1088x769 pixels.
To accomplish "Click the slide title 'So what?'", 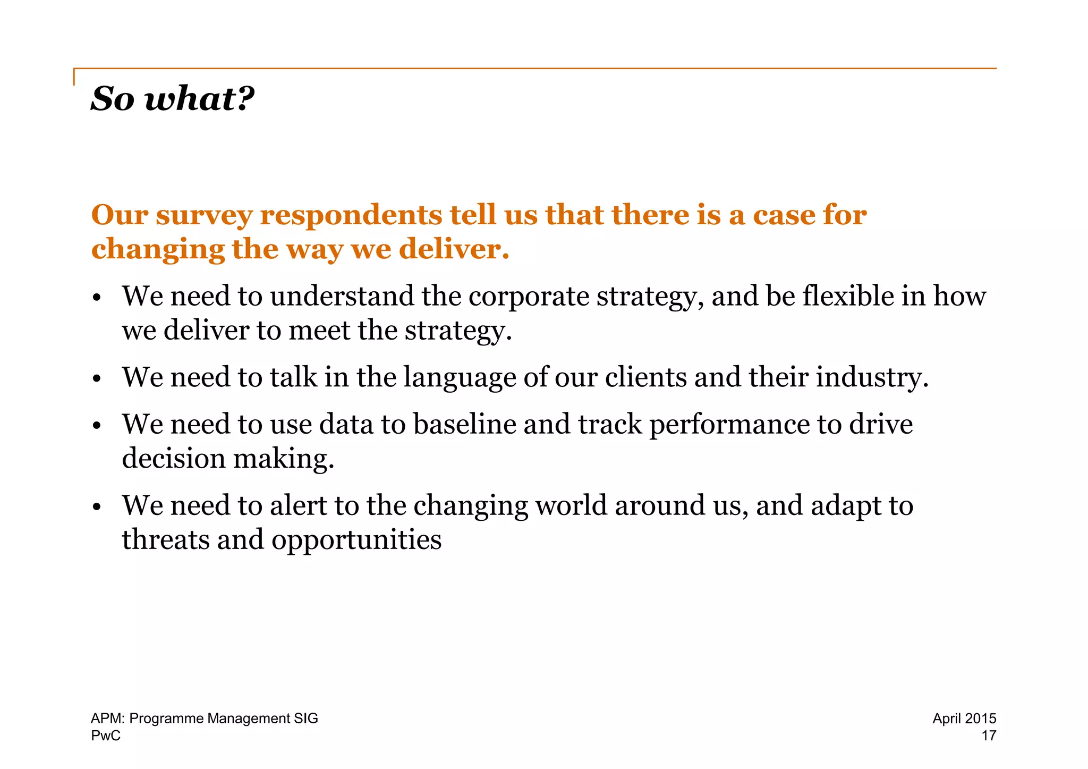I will (172, 99).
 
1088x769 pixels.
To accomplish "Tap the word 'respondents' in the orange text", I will (351, 215).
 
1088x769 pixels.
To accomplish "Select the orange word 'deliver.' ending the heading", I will (454, 249).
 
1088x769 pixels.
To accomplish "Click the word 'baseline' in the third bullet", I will (464, 424).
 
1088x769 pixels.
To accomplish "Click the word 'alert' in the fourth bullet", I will (298, 505).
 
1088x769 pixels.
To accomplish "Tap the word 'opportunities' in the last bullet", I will (356, 540).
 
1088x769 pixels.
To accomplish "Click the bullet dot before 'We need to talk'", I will (96, 379).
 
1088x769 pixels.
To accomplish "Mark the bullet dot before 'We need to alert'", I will (96, 508).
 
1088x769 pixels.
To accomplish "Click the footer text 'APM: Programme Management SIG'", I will (204, 719).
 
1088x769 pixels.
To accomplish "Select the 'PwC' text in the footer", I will (106, 736).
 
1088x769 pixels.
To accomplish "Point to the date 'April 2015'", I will (964, 719).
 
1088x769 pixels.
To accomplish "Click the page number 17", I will (988, 736).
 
